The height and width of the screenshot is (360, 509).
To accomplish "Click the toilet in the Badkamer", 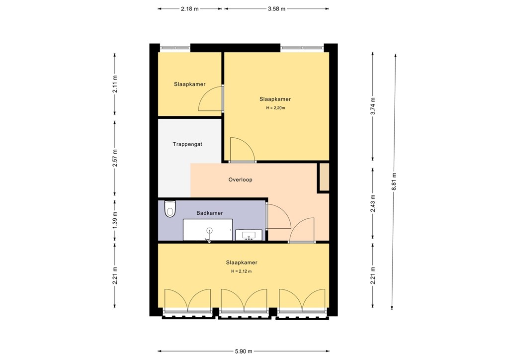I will click(170, 209).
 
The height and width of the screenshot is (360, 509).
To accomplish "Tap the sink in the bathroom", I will click(246, 235).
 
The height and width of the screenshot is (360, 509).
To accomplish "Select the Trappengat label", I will click(187, 144).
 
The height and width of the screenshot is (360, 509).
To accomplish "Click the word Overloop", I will click(240, 180).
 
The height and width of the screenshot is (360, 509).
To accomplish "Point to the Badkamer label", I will click(209, 213).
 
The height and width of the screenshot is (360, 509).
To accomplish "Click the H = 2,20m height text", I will click(275, 108).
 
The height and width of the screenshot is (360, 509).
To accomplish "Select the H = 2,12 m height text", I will click(241, 271).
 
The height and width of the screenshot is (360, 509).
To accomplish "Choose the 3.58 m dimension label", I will click(276, 8).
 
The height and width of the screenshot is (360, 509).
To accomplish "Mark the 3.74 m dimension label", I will click(373, 106).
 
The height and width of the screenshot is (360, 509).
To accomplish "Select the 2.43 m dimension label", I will click(373, 202).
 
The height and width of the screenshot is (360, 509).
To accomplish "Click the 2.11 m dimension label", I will click(115, 84).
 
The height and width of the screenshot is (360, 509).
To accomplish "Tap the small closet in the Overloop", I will click(324, 177).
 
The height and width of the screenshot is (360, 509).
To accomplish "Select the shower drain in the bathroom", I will click(209, 230).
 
